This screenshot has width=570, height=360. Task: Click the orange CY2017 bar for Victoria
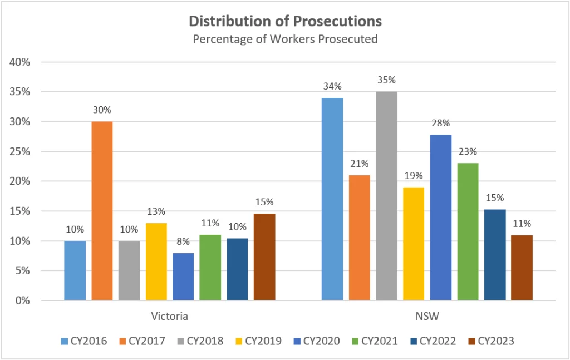coord(102,211)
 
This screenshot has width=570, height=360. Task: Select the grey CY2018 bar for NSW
coord(386,196)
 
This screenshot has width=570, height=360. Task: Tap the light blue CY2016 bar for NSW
coord(332,199)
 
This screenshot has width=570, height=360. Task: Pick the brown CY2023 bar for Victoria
coord(264,257)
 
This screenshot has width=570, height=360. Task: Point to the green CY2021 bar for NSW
coord(468,231)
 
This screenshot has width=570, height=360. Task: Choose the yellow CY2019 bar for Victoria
coord(156,262)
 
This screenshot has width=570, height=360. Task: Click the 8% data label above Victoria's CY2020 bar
coord(183,242)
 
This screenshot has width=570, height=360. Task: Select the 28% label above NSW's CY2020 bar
coord(441,123)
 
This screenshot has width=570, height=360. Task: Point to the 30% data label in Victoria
coord(102,110)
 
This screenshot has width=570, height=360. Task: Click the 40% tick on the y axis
coord(19,62)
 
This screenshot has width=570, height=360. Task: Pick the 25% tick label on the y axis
coord(19,151)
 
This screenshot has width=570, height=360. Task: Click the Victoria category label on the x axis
coord(170,317)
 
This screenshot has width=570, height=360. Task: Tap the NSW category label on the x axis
coord(427,317)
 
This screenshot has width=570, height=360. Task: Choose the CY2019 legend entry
coord(259,341)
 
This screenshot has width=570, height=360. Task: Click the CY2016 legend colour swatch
coord(63,341)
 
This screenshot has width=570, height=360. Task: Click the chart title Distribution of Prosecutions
coord(285,21)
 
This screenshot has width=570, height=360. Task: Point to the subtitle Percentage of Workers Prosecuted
coord(285,39)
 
